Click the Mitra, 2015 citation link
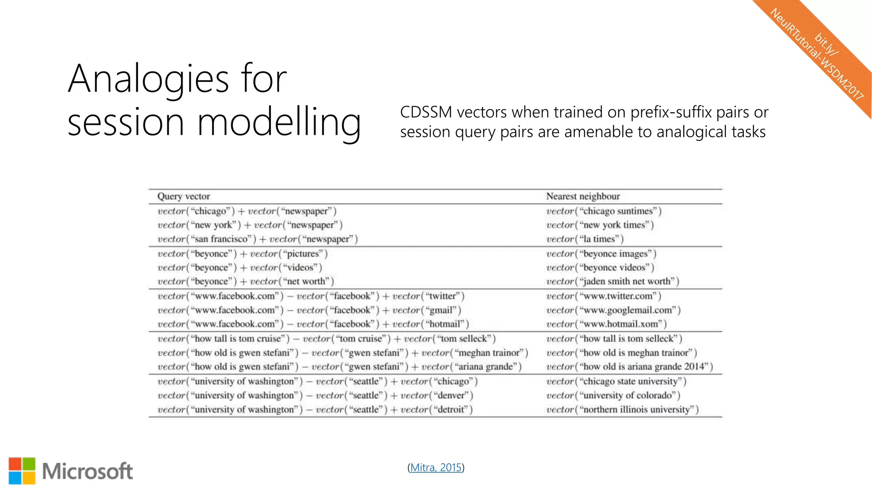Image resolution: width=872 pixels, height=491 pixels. click(x=436, y=468)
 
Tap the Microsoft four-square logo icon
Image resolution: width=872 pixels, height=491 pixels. click(x=22, y=471)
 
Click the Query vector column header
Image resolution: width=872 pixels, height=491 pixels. click(x=184, y=196)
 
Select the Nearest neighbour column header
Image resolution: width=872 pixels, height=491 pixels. click(x=583, y=196)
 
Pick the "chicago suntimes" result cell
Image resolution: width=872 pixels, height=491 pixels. click(x=604, y=211)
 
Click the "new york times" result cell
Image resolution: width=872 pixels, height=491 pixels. click(x=600, y=225)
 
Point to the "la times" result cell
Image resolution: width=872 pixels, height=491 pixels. click(x=585, y=239)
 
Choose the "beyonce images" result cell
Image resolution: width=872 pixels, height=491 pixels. click(x=601, y=254)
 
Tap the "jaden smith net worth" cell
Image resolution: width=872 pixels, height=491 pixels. click(x=613, y=281)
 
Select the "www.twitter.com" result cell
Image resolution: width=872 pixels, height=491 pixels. click(x=604, y=296)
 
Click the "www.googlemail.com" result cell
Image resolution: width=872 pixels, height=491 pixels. click(x=614, y=310)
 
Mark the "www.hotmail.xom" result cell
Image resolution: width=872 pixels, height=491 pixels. click(x=606, y=324)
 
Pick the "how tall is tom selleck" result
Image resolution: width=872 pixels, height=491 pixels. click(x=614, y=339)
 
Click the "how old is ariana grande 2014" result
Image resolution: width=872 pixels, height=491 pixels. click(x=629, y=367)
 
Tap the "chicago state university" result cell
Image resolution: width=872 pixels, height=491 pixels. click(x=616, y=381)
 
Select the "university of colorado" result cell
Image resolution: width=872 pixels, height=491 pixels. click(x=613, y=396)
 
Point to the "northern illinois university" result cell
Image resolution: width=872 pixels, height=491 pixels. click(x=622, y=410)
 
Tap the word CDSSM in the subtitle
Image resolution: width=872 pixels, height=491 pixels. click(x=426, y=113)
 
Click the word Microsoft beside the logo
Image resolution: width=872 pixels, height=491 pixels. click(x=87, y=471)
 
